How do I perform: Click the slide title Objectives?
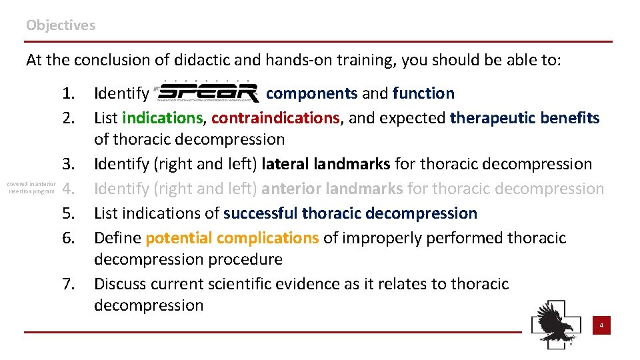pos(61,25)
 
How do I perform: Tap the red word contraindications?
pos(275,118)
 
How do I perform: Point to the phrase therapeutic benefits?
pos(525,118)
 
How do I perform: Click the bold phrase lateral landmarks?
pos(327,164)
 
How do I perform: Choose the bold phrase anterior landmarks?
pos(332,189)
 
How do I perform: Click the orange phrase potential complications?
pos(232,238)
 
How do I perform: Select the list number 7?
pos(68,284)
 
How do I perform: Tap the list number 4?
pos(68,189)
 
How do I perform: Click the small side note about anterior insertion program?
pos(31,187)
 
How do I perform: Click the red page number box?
pos(601,326)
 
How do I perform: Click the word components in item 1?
pos(311,93)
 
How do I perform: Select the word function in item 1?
pos(423,93)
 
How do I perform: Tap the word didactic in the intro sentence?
pos(204,60)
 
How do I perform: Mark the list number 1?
pos(68,93)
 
